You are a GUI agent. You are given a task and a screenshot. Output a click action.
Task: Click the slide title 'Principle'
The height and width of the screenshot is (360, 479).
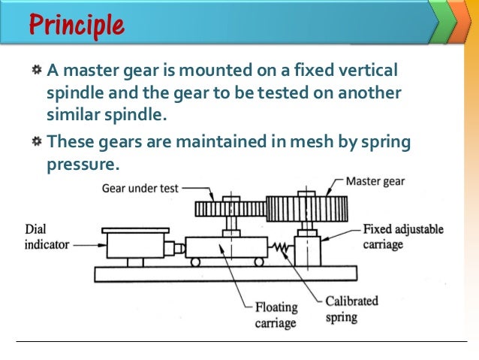tap(76, 25)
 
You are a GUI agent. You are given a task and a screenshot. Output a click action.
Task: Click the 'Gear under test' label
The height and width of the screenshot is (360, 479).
tap(140, 189)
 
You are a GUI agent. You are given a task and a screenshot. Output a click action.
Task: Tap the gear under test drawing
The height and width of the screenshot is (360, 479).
tap(230, 208)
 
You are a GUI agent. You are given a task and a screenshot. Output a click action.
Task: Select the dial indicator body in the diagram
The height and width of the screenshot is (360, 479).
tap(135, 245)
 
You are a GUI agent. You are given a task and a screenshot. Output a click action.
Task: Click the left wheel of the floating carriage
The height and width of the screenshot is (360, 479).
tap(197, 262)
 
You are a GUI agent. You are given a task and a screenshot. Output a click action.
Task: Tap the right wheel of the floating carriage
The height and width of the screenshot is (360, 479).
tap(258, 262)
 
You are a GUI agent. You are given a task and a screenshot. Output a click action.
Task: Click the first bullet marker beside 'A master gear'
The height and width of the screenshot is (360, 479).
tap(36, 71)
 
